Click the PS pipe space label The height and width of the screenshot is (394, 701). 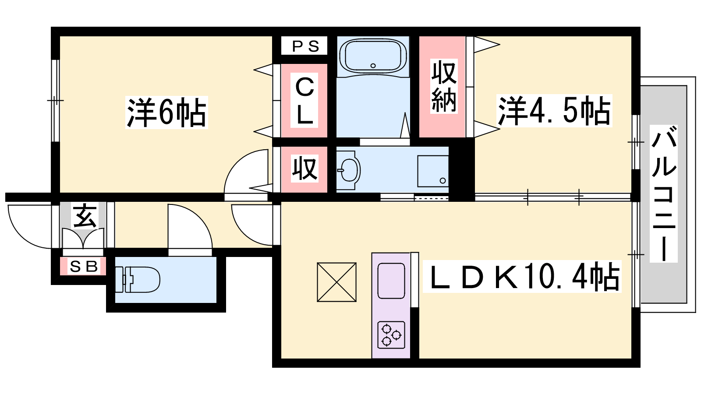304,46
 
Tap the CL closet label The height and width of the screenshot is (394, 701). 304,100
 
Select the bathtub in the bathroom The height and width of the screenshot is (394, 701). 373,56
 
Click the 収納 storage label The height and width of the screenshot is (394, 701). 443,86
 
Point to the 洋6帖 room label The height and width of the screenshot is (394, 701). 166,113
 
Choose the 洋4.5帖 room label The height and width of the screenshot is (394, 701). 554,111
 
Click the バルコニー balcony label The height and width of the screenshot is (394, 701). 663,193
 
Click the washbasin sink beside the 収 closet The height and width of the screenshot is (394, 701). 349,169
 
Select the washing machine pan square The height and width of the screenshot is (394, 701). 433,171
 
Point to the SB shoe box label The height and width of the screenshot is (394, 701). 83,266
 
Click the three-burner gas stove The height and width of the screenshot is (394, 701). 391,335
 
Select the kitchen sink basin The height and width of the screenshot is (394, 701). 391,281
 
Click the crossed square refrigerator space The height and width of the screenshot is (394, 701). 336,282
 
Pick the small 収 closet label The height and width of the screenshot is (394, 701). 304,169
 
